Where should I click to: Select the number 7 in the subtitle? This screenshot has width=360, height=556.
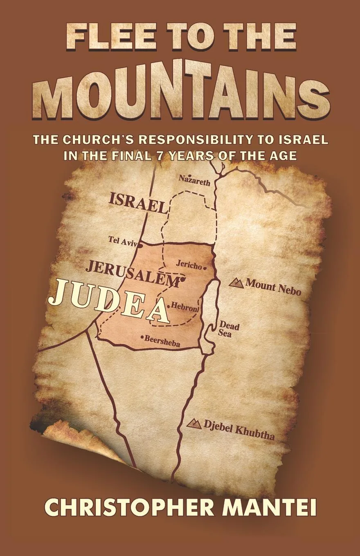click(184, 156)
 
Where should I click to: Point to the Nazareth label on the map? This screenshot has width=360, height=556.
click(195, 180)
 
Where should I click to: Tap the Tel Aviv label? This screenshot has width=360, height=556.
click(122, 241)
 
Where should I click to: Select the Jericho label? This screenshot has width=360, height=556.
click(189, 265)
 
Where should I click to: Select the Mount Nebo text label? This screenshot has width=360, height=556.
click(273, 287)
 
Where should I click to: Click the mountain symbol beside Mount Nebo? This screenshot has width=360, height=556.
click(236, 282)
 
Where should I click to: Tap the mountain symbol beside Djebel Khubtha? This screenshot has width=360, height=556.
click(194, 424)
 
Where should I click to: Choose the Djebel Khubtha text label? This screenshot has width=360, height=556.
click(239, 430)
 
